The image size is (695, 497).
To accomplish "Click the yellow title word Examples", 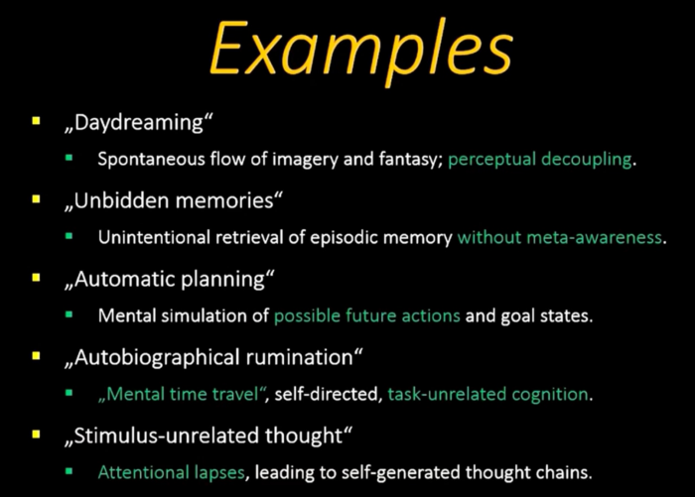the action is click(361, 52).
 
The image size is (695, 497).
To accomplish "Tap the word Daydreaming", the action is click(139, 123).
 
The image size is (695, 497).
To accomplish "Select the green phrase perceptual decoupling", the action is click(540, 160).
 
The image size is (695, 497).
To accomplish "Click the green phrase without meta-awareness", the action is click(560, 237).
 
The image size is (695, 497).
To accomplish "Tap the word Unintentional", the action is click(154, 237).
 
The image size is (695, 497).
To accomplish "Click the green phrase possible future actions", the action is click(367, 316).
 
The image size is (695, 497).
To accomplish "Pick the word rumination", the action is click(299, 358).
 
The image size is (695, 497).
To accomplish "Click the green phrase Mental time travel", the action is click(182, 394).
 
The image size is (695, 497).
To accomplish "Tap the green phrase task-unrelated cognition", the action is click(488, 394).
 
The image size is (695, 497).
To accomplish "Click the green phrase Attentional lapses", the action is click(172, 473).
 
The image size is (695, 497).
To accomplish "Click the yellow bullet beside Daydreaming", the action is click(36, 121).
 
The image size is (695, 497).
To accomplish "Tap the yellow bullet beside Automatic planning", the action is click(36, 278).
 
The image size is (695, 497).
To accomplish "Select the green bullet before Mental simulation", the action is click(69, 314).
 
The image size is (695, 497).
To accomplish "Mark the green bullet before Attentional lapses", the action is click(69, 471).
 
